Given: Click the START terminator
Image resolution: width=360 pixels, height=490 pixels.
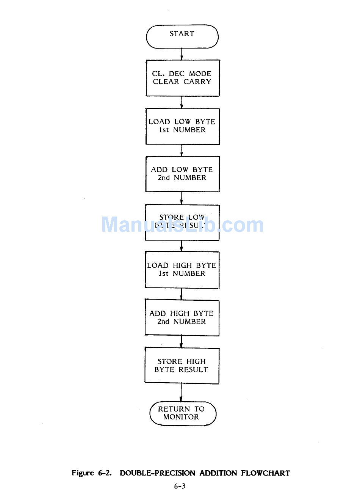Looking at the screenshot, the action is pyautogui.click(x=182, y=36).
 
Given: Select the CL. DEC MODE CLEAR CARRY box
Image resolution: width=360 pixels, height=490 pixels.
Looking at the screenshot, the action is pyautogui.click(x=183, y=78).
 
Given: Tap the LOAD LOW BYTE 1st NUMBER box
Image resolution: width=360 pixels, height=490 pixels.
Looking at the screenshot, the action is pyautogui.click(x=182, y=126).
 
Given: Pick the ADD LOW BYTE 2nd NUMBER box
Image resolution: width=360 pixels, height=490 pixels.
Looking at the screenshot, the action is pyautogui.click(x=182, y=174).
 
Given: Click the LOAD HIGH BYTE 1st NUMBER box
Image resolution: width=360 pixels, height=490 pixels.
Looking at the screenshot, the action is pyautogui.click(x=182, y=270).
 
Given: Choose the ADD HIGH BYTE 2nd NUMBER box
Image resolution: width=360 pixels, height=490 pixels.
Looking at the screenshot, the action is pyautogui.click(x=182, y=317).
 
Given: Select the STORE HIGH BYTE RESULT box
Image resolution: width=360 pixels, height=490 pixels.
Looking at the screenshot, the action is pyautogui.click(x=182, y=366).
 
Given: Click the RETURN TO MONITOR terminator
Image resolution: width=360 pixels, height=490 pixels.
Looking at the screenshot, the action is pyautogui.click(x=183, y=413).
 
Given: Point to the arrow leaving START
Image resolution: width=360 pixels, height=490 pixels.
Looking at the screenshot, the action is pyautogui.click(x=182, y=54).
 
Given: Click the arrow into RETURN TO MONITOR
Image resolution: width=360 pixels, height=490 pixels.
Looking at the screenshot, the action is pyautogui.click(x=181, y=393).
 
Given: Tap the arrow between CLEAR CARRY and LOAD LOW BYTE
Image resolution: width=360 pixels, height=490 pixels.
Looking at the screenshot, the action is pyautogui.click(x=182, y=102).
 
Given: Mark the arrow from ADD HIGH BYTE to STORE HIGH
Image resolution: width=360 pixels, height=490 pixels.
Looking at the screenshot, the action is pyautogui.click(x=181, y=341).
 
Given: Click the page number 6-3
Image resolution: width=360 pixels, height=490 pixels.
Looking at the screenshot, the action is pyautogui.click(x=180, y=486).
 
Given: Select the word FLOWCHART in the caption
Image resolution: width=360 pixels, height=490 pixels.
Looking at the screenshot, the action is pyautogui.click(x=265, y=473).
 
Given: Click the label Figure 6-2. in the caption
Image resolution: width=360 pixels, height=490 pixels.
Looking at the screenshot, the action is pyautogui.click(x=92, y=473).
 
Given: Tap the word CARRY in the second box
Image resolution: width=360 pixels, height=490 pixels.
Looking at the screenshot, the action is pyautogui.click(x=197, y=82).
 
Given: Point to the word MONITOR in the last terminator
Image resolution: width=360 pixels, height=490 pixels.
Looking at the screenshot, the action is pyautogui.click(x=181, y=417).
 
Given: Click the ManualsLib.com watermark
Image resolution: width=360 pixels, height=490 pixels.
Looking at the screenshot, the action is pyautogui.click(x=182, y=225).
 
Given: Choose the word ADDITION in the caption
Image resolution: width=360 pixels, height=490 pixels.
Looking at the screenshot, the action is pyautogui.click(x=218, y=473).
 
